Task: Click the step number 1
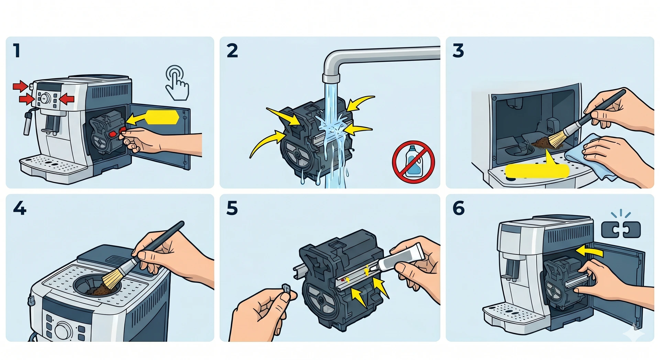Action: coord(16,51)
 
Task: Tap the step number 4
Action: coord(20,208)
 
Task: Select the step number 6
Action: coord(459,208)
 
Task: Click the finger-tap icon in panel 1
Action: coord(177,83)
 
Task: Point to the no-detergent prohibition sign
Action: coord(413,162)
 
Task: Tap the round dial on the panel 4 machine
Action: coord(63,330)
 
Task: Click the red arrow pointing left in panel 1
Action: coord(67,99)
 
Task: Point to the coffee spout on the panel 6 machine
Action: coord(511,268)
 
